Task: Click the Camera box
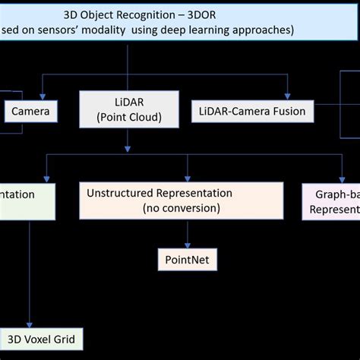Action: pyautogui.click(x=31, y=112)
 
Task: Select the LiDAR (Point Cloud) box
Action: pyautogui.click(x=129, y=108)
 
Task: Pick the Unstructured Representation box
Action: pyautogui.click(x=160, y=201)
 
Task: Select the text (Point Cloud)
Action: pyautogui.click(x=129, y=115)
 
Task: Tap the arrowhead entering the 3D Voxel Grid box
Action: pyautogui.click(x=29, y=324)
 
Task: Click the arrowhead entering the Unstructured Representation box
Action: pyautogui.click(x=160, y=178)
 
